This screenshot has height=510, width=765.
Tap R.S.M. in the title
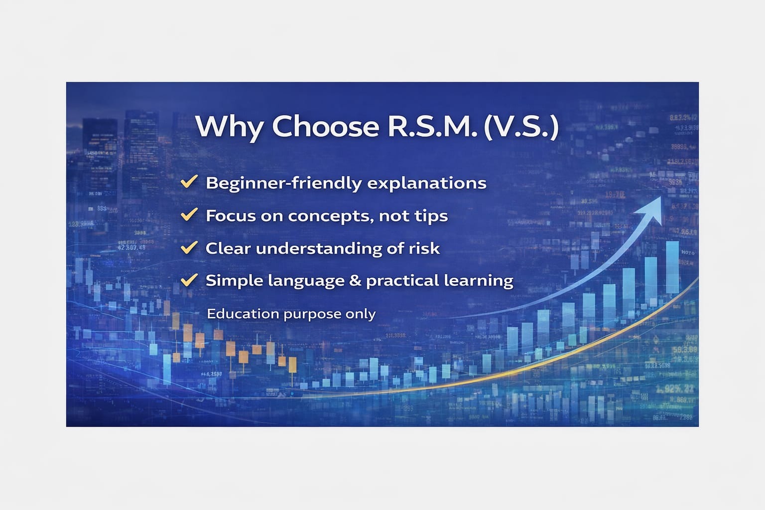(x=432, y=127)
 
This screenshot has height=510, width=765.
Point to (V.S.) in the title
(x=521, y=127)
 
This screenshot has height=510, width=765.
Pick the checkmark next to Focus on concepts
(x=189, y=214)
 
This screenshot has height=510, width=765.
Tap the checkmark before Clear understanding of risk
(x=189, y=248)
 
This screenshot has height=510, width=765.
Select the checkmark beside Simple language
(x=189, y=280)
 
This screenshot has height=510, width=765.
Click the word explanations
(x=426, y=183)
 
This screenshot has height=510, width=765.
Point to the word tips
(x=431, y=216)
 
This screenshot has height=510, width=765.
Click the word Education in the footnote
(x=243, y=314)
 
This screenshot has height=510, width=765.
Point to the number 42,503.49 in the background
(x=132, y=247)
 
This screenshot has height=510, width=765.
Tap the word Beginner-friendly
(x=284, y=183)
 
